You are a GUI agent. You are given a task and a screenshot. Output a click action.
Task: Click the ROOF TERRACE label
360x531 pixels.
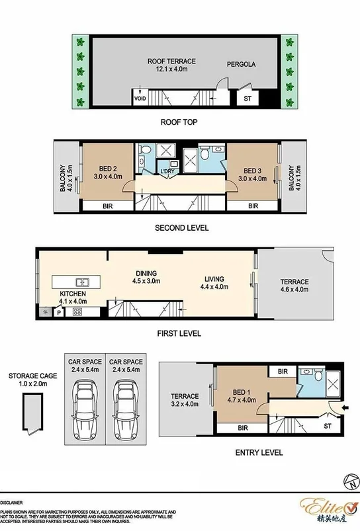click(171, 61)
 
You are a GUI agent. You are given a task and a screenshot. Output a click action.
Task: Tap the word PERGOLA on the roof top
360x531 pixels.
click(241, 64)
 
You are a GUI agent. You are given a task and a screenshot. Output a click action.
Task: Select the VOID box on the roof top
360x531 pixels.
click(140, 97)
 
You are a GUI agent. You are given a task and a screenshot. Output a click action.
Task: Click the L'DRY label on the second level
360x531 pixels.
click(167, 171)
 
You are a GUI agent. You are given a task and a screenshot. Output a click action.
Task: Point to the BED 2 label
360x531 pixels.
click(108, 169)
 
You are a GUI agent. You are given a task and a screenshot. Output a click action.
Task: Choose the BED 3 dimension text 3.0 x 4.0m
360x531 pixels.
click(253, 179)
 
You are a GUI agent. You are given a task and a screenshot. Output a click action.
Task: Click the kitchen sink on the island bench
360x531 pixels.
click(83, 282)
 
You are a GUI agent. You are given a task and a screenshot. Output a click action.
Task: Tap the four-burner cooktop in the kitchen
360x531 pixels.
click(77, 311)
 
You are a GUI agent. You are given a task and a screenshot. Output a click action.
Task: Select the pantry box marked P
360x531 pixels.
click(59, 312)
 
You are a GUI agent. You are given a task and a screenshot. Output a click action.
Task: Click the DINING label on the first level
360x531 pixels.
click(146, 273)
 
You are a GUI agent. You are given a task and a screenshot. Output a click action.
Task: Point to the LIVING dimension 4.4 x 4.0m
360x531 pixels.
click(214, 286)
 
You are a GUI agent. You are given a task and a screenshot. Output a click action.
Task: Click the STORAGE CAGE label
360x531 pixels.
click(33, 376)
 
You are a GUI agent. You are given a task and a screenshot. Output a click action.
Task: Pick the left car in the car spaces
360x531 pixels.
click(85, 409)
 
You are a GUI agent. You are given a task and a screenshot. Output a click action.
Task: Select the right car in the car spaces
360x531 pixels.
click(126, 409)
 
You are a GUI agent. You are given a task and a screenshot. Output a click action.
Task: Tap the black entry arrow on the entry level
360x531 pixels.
click(346, 409)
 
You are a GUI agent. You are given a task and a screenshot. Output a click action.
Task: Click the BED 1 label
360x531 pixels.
click(242, 392)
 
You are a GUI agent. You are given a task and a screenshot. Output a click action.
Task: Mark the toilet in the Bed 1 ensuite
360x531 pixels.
click(318, 375)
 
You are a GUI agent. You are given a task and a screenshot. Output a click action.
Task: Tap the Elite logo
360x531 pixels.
click(329, 511)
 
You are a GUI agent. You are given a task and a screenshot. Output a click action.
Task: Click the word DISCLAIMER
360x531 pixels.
click(11, 503)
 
